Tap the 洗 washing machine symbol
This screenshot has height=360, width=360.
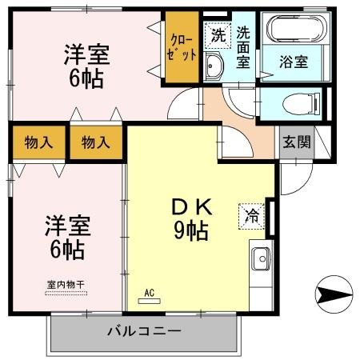coord(216,35)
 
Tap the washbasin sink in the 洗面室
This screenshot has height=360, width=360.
coord(214,66)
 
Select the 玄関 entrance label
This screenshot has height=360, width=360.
coord(297,142)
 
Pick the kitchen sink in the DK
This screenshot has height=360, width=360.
coord(262,258)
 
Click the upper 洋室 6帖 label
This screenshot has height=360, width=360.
coord(86,67)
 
